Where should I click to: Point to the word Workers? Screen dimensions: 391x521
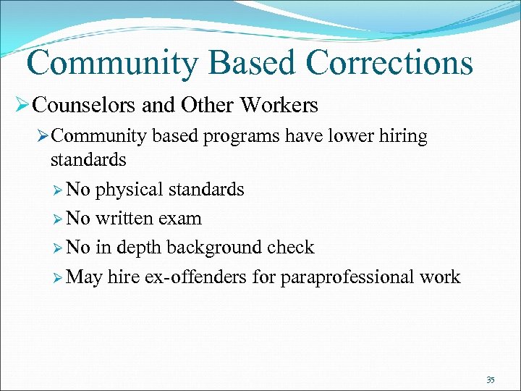pyautogui.click(x=279, y=106)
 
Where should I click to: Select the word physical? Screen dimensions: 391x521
pyautogui.click(x=129, y=190)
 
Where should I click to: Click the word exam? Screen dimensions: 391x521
pyautogui.click(x=179, y=219)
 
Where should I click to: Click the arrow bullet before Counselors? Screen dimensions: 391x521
pyautogui.click(x=21, y=106)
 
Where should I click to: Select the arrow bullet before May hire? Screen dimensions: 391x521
pyautogui.click(x=57, y=277)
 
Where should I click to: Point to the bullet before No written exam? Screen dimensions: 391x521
pyautogui.click(x=57, y=219)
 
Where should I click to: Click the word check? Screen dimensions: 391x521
pyautogui.click(x=289, y=248)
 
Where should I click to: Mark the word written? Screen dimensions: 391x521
pyautogui.click(x=123, y=219)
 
